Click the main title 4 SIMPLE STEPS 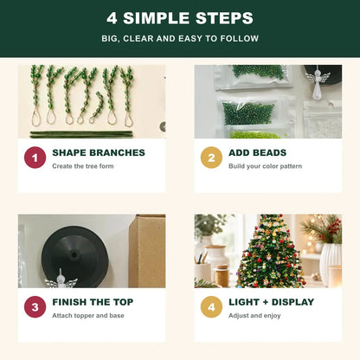point(180,18)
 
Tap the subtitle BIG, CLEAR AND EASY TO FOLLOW point(180,38)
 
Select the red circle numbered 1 point(35,157)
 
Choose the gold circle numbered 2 point(211,157)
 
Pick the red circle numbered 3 point(35,307)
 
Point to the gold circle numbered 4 point(211,307)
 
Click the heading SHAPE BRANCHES point(99,152)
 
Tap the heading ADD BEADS point(258,152)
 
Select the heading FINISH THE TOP point(93,302)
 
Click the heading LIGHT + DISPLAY point(272,302)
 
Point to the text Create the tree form point(83,166)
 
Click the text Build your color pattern point(266,166)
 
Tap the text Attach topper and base point(88,316)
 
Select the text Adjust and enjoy point(254,316)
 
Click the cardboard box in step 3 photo point(147,251)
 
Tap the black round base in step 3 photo point(75,255)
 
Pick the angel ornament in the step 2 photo point(318,80)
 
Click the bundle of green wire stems point(81,134)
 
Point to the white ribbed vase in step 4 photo point(331,264)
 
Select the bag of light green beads point(254,134)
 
